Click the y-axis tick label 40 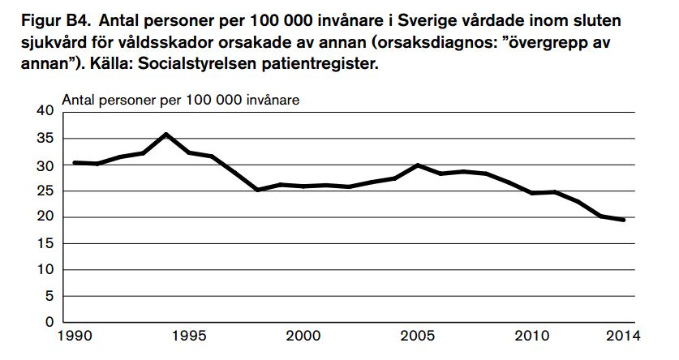coord(45,111)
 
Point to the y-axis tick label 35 coord(45,139)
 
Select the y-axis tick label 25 coord(45,191)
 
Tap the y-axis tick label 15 coord(45,243)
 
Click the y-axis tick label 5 coord(49,296)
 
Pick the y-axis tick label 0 coord(49,322)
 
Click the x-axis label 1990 coord(74,336)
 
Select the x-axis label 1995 coord(189,336)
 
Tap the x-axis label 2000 coord(303,336)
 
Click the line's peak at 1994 coord(165,134)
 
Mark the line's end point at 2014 coord(623,220)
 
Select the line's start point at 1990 coord(74,162)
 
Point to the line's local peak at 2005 coord(418,165)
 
